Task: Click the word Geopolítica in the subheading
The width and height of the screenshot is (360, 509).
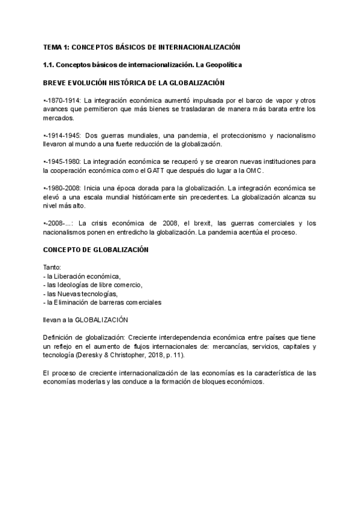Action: tap(220, 64)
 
